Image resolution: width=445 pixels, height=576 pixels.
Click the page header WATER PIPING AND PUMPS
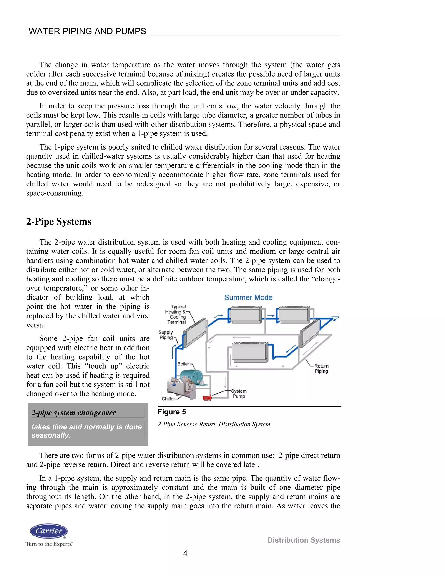[87, 31]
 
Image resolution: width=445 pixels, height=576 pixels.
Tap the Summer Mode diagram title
[248, 298]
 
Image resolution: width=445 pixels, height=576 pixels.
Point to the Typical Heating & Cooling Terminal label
[176, 314]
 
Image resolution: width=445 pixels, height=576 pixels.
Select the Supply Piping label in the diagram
[166, 335]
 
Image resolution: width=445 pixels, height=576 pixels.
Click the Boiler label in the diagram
[183, 364]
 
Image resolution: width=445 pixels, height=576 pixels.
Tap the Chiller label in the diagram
[168, 399]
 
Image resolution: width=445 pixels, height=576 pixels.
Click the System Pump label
[239, 393]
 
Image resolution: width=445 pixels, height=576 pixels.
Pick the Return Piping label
[321, 368]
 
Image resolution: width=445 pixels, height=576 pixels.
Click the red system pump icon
[207, 398]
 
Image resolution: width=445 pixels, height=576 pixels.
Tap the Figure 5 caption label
[172, 412]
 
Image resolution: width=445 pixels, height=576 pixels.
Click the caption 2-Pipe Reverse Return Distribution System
[214, 424]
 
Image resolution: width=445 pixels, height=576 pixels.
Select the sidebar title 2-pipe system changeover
[74, 413]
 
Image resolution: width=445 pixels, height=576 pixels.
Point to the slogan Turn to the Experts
[49, 544]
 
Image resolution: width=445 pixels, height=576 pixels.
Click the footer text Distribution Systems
[304, 540]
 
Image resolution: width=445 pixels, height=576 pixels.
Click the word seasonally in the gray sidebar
[51, 435]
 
